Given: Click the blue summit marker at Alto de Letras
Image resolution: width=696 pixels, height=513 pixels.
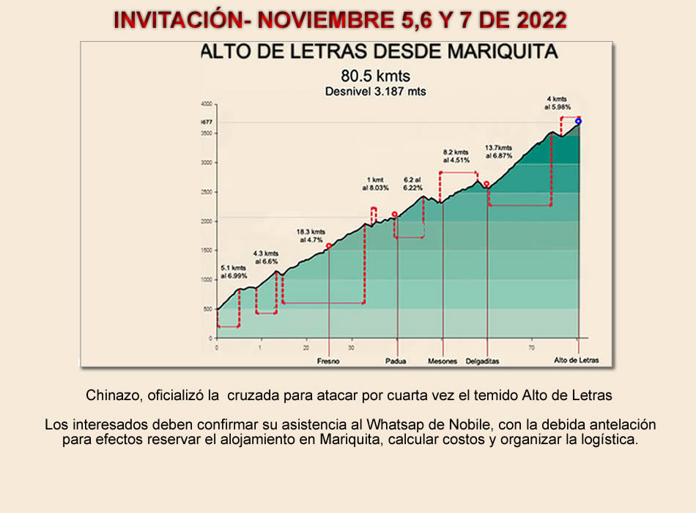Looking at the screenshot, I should (578, 121).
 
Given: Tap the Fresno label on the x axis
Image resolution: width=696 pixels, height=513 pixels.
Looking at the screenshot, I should (327, 361).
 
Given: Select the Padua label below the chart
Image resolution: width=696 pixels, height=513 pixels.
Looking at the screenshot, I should (396, 361).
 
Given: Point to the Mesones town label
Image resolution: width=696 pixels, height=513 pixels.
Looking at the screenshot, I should (443, 361).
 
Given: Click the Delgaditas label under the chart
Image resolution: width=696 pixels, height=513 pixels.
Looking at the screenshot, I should (483, 361).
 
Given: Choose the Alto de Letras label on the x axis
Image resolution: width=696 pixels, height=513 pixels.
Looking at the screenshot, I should (577, 361).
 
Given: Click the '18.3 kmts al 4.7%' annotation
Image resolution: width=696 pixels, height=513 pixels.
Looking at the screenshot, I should (311, 235).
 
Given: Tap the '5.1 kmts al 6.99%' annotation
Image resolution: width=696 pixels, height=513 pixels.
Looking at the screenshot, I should (234, 272).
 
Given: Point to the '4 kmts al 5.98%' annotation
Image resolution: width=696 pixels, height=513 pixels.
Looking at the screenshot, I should (557, 103).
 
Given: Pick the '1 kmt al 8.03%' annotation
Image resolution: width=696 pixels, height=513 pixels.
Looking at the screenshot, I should (374, 183).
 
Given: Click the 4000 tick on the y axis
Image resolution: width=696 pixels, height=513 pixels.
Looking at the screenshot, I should (207, 104).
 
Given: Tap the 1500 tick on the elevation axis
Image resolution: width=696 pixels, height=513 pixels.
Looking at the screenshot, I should (207, 251).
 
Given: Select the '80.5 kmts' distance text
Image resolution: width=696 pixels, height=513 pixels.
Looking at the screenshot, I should (375, 75).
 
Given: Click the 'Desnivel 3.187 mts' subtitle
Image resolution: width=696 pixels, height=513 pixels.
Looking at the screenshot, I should (375, 92).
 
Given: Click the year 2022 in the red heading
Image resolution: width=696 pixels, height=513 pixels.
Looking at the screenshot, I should (541, 20).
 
